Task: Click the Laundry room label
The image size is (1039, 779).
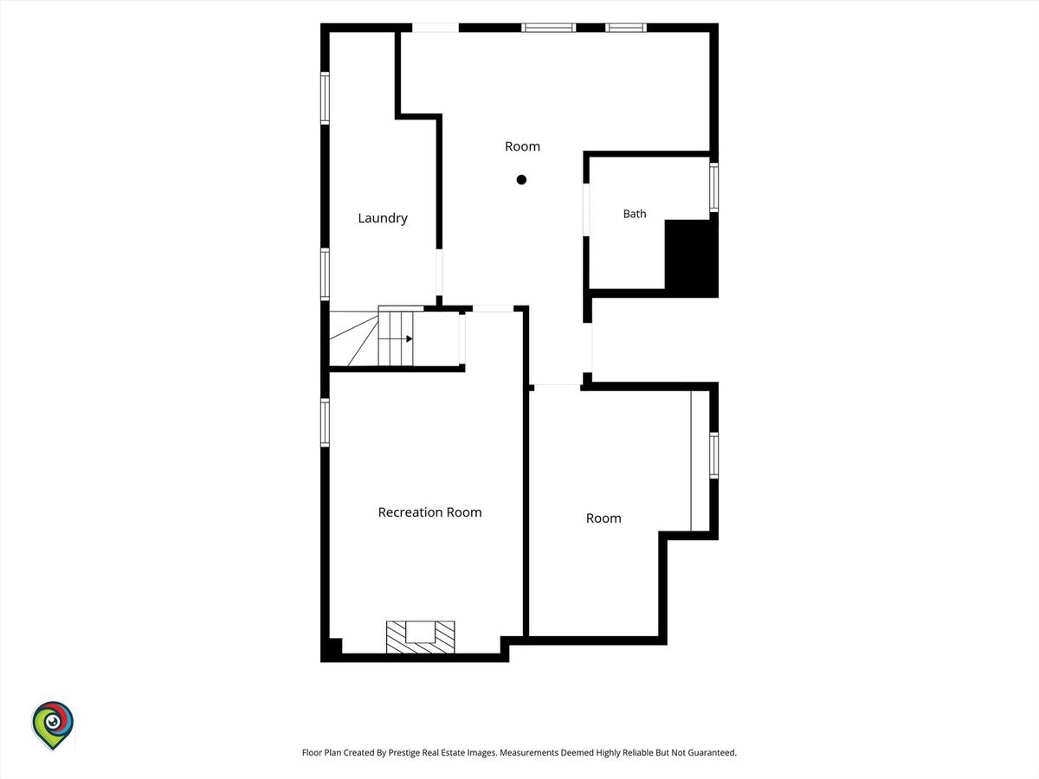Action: [x=383, y=218]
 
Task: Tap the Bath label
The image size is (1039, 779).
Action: [x=635, y=214]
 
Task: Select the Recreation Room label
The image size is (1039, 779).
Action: [x=429, y=512]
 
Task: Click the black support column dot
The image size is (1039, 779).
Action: [x=521, y=180]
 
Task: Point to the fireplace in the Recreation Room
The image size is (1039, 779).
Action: [x=420, y=637]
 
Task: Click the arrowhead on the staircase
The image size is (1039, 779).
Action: [x=410, y=338]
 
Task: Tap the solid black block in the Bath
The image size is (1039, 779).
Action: [x=691, y=258]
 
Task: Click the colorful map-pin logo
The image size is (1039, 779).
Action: [x=53, y=725]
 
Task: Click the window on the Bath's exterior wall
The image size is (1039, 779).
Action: [x=713, y=187]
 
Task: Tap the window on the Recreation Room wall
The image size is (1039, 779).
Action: [x=325, y=422]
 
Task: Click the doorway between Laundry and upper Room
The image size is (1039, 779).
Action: [x=439, y=272]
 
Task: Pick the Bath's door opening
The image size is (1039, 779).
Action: [x=586, y=209]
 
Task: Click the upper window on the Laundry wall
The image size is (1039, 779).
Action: [x=325, y=98]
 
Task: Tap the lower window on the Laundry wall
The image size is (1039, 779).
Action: [x=325, y=274]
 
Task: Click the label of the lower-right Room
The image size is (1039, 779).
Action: [x=603, y=518]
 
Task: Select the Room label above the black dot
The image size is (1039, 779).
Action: [x=522, y=146]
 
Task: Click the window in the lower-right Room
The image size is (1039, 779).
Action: [x=713, y=455]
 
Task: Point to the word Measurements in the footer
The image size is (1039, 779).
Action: [x=529, y=752]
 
